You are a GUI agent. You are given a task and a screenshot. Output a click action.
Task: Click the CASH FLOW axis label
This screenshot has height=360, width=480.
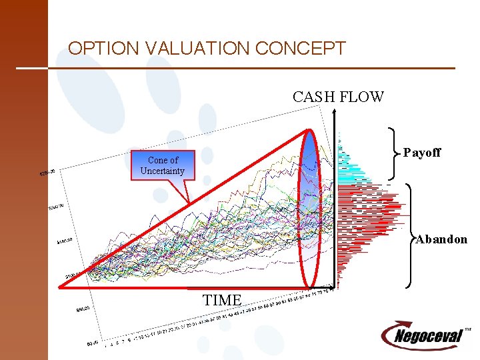tap(338, 97)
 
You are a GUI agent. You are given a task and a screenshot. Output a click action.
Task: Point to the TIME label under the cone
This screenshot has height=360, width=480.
tap(222, 301)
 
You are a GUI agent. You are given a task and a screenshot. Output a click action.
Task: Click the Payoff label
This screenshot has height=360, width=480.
tap(422, 153)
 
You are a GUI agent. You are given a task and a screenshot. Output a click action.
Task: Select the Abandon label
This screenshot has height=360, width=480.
tap(441, 239)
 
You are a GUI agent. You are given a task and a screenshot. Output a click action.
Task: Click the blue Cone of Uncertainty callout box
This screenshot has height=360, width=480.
tap(163, 165)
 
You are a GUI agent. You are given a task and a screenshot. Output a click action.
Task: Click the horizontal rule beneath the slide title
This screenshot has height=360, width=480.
tap(233, 68)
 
